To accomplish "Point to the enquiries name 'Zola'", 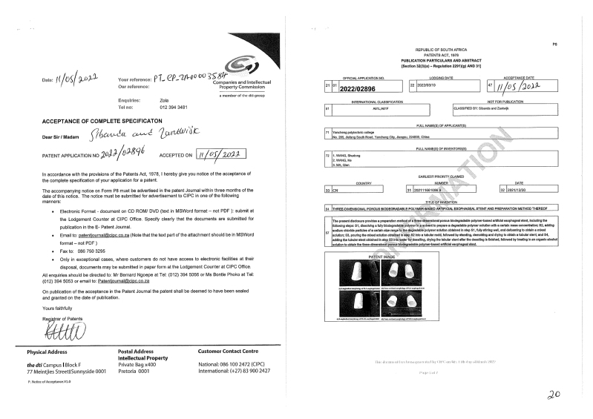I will pos(164,99).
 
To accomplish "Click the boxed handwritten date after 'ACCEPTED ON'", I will pos(223,156).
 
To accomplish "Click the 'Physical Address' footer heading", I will pos(52,352).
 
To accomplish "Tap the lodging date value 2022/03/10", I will pos(428,85).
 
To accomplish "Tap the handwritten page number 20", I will pos(552,395).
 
